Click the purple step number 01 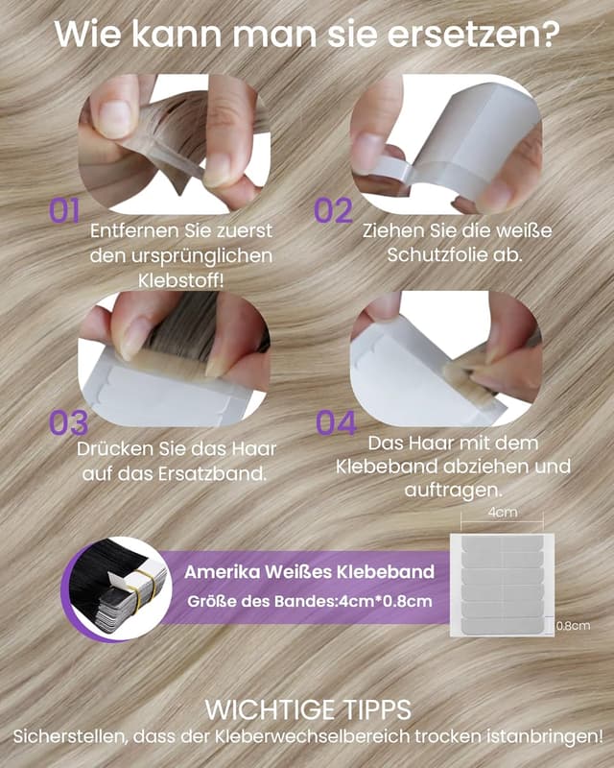coord(64,210)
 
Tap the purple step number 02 coord(334,210)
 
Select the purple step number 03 coord(68,423)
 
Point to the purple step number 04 coord(336,423)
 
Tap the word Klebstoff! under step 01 coord(180,281)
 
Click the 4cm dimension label coord(503,513)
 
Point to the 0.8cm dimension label coord(574,626)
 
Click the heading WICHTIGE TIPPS coord(308,709)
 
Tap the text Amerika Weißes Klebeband coord(310,571)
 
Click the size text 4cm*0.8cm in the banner coord(386,601)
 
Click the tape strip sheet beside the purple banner coord(503,585)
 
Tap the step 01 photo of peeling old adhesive coord(175,144)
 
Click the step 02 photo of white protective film coord(446,144)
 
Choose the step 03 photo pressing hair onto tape coord(175,358)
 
